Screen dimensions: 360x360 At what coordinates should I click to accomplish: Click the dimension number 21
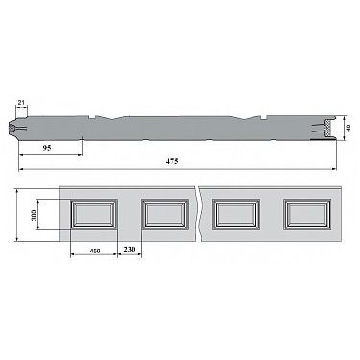pyautogui.click(x=21, y=103)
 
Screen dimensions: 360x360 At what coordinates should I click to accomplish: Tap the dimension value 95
pyautogui.click(x=47, y=148)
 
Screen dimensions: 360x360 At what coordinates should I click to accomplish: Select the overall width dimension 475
pyautogui.click(x=172, y=161)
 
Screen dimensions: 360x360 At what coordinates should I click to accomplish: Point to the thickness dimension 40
pyautogui.click(x=348, y=128)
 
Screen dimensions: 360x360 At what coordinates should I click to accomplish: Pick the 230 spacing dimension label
pyautogui.click(x=130, y=249)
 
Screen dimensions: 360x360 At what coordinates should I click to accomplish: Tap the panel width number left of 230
pyautogui.click(x=95, y=251)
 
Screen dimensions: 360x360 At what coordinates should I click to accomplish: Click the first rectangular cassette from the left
pyautogui.click(x=94, y=214)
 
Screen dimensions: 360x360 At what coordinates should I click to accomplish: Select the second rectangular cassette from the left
pyautogui.click(x=165, y=214)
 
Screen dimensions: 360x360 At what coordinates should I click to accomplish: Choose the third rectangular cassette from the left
pyautogui.click(x=236, y=214)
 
